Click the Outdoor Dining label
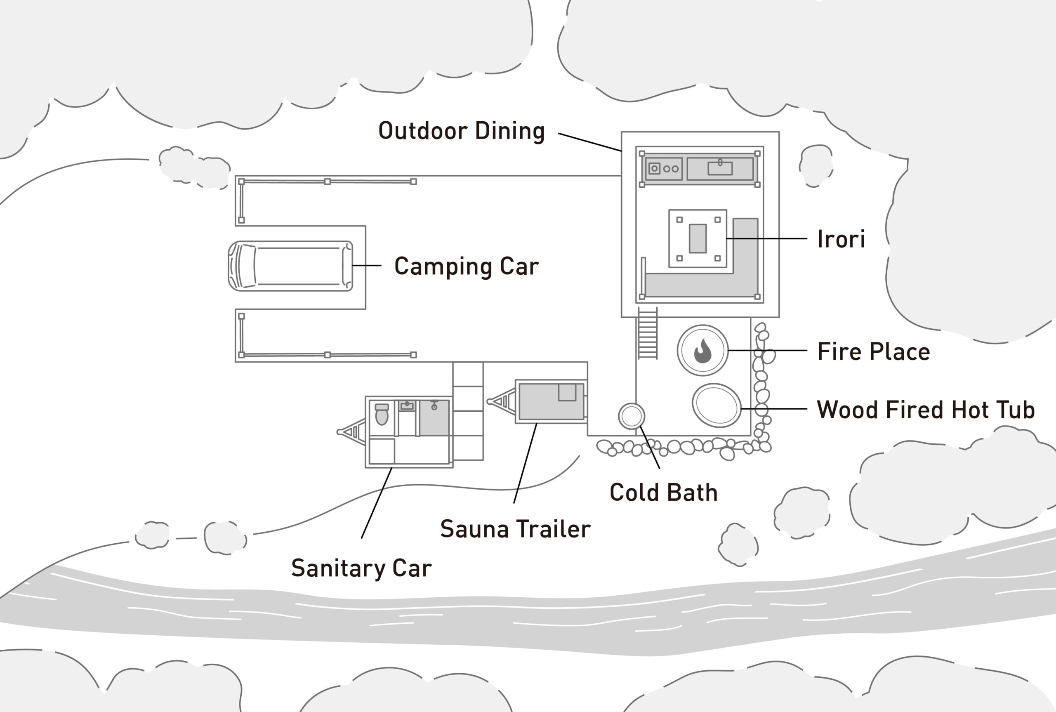pos(461,131)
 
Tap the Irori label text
pos(841,239)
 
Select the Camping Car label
pos(466,266)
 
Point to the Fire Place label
pos(873,351)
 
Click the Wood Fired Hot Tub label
pos(925,410)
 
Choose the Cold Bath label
pos(663,493)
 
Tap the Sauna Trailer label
pos(515,529)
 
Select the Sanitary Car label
pos(361,568)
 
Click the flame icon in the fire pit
pos(702,351)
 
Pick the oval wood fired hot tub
pos(717,406)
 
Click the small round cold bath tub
pos(631,416)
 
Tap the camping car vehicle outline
pos(290,266)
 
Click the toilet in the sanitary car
pos(382,414)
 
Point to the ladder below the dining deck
pos(647,334)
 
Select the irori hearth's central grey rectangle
pos(698,238)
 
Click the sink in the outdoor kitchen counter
pos(720,168)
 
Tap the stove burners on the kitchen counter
pos(671,169)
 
